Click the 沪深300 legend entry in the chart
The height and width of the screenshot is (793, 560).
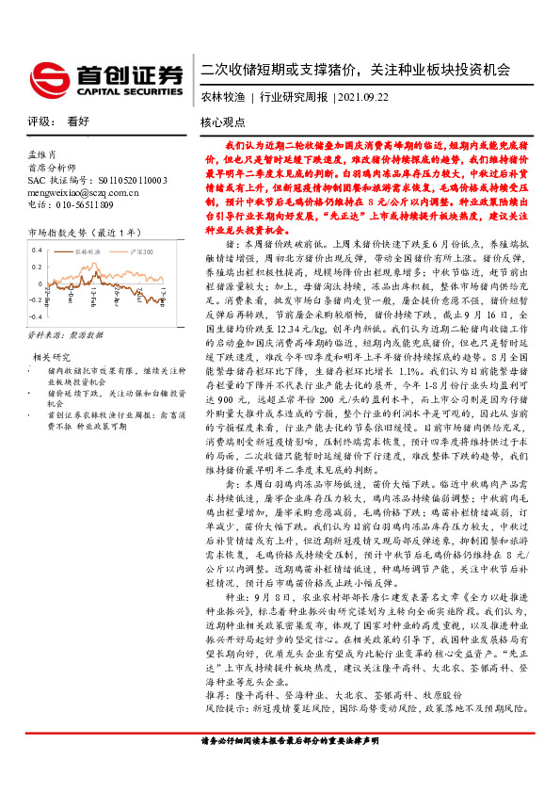(142, 251)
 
